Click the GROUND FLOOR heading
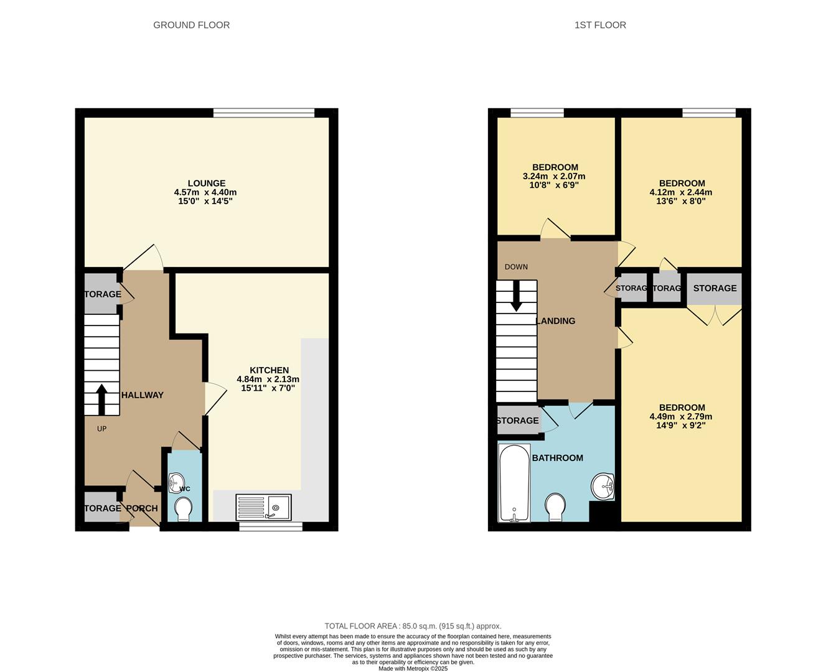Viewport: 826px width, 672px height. point(191,25)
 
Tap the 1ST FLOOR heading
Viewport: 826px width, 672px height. point(600,25)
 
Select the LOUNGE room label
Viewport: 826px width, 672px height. point(206,184)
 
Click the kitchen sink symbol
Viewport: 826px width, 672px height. point(263,507)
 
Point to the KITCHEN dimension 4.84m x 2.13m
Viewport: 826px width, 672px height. point(268,379)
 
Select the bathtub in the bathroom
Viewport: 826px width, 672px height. point(514,483)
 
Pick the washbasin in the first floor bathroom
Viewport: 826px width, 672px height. point(603,486)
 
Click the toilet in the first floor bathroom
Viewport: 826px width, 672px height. point(555,507)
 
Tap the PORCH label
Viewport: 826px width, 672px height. point(142,508)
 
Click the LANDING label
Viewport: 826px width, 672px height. point(555,321)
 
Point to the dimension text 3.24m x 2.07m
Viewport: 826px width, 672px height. point(553,176)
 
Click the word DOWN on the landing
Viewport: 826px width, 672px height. point(516,267)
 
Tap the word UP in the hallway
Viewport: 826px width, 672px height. point(101,429)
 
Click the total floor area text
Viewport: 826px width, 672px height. point(413,626)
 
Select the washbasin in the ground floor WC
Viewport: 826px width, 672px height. point(176,481)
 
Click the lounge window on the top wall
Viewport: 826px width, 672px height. point(263,113)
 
